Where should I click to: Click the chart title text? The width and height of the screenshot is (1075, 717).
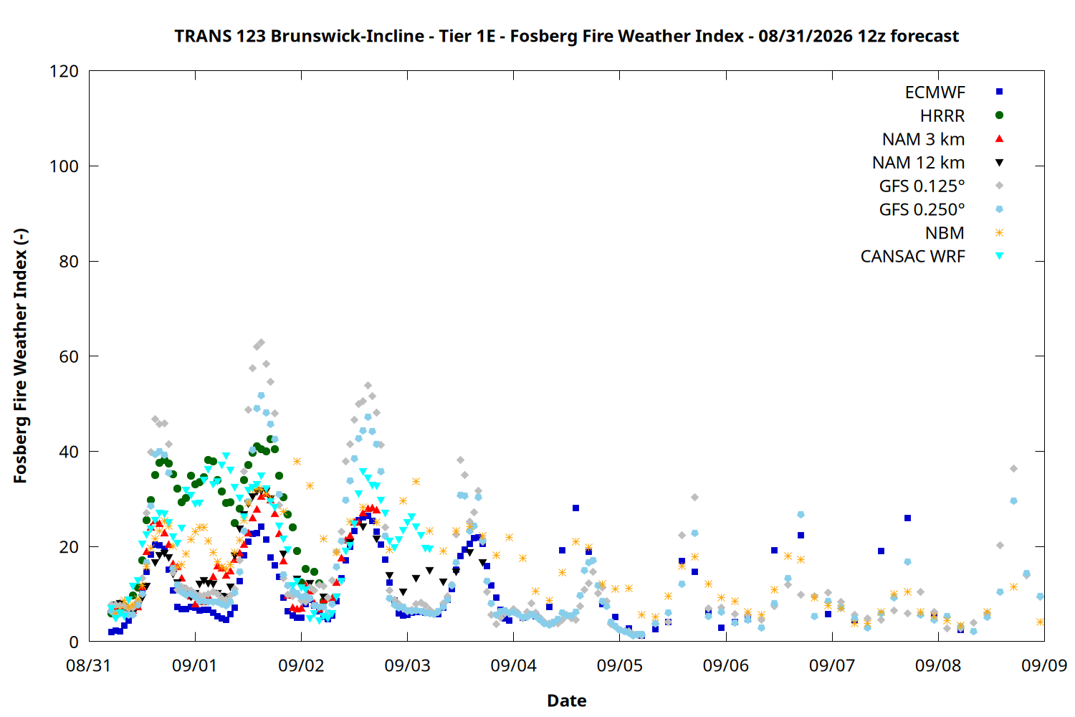click(566, 36)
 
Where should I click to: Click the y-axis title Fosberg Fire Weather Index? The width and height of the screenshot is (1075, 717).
click(20, 356)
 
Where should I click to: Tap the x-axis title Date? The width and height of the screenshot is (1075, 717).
click(567, 701)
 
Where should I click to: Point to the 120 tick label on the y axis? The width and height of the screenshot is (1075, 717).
click(64, 72)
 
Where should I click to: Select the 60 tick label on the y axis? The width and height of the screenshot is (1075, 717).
click(69, 356)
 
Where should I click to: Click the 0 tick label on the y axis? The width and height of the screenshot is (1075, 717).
click(74, 642)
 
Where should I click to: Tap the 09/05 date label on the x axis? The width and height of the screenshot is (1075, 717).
click(620, 665)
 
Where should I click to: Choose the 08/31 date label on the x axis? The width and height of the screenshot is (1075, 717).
click(89, 665)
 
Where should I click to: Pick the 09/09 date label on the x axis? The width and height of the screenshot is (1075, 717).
click(1044, 665)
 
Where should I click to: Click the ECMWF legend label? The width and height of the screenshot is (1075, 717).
click(935, 92)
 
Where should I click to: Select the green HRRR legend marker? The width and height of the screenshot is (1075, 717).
click(1000, 115)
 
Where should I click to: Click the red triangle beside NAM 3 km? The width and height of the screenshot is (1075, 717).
click(1000, 139)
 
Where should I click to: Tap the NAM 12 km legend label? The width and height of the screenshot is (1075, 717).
click(919, 163)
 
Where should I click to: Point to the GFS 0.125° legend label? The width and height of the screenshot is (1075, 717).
click(922, 186)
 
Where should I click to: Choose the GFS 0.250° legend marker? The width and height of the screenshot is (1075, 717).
click(1000, 209)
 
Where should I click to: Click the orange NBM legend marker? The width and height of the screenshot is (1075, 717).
click(1000, 233)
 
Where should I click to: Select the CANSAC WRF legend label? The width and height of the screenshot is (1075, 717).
click(913, 257)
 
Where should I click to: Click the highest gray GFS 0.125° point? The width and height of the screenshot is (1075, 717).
click(261, 343)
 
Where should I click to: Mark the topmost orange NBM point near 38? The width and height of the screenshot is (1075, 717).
click(297, 462)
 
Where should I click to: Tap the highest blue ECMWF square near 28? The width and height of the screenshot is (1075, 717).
click(576, 508)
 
